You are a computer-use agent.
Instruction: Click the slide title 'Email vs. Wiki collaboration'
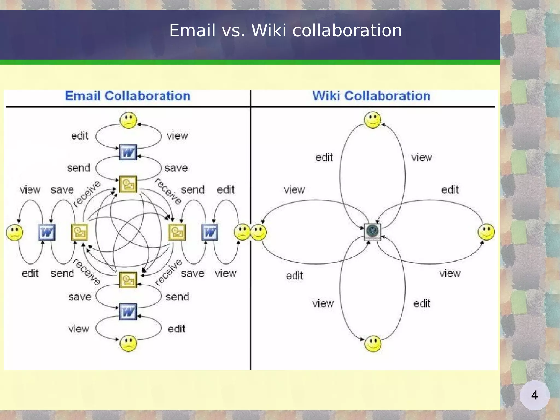tap(285, 30)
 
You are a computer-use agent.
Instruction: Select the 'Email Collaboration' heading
tap(127, 96)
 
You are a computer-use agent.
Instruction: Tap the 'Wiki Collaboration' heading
tap(371, 96)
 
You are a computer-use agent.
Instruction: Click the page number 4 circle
tap(534, 395)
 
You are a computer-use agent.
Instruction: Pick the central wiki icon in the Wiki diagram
tap(372, 231)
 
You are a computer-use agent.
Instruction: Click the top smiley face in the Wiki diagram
tap(372, 120)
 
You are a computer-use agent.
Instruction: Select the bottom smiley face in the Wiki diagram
tap(373, 344)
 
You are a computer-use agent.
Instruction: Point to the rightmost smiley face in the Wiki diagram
tap(486, 232)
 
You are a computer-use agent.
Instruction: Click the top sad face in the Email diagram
tap(128, 120)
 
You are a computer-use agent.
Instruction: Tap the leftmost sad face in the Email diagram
tap(15, 232)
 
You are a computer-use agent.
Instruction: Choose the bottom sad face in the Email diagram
tap(128, 344)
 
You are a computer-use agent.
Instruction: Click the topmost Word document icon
tap(128, 152)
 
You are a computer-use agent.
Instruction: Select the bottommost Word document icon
tap(128, 312)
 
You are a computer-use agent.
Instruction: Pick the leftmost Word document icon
tap(47, 232)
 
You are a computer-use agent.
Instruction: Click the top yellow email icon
tap(128, 184)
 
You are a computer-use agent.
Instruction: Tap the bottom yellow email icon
tap(128, 280)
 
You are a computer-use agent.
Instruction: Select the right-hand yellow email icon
tap(177, 232)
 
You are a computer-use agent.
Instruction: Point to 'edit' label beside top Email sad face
tap(80, 136)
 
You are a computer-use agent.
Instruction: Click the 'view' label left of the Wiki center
tap(294, 190)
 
